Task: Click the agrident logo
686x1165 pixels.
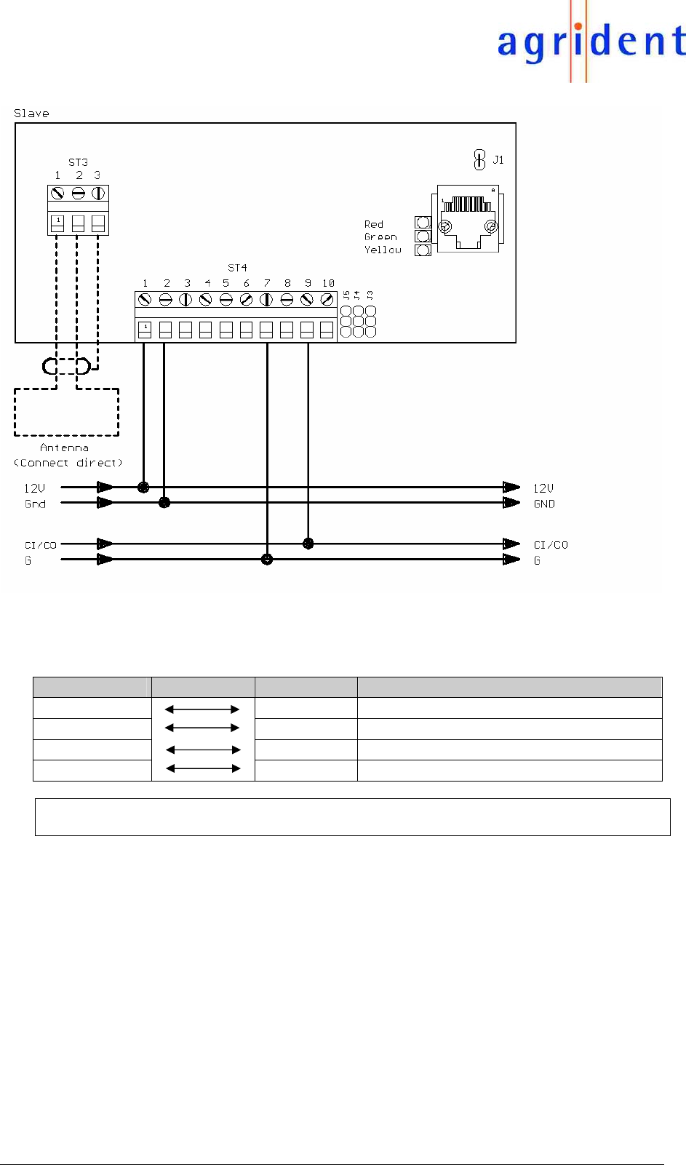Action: point(590,42)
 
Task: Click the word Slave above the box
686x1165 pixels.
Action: point(31,114)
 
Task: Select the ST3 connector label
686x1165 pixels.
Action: point(78,162)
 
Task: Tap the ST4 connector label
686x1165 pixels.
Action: point(237,268)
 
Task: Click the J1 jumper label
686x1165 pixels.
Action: point(498,160)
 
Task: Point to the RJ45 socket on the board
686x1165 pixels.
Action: point(468,218)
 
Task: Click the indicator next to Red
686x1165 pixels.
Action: point(423,223)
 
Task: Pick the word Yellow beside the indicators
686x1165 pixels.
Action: point(383,250)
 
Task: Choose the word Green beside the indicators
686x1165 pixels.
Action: point(380,236)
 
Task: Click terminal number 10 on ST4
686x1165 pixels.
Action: point(328,283)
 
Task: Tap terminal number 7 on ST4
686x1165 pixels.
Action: point(267,283)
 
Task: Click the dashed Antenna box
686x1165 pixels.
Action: point(66,412)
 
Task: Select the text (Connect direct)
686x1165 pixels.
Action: point(68,463)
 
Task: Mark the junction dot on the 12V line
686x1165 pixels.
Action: point(143,487)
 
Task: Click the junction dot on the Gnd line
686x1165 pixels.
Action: point(164,502)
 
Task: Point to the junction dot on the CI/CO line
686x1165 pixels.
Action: point(308,544)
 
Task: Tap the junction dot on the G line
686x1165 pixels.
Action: point(267,560)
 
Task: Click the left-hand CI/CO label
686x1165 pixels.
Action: point(40,545)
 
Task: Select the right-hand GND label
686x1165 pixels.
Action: point(544,504)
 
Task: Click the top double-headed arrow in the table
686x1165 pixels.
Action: point(202,709)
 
